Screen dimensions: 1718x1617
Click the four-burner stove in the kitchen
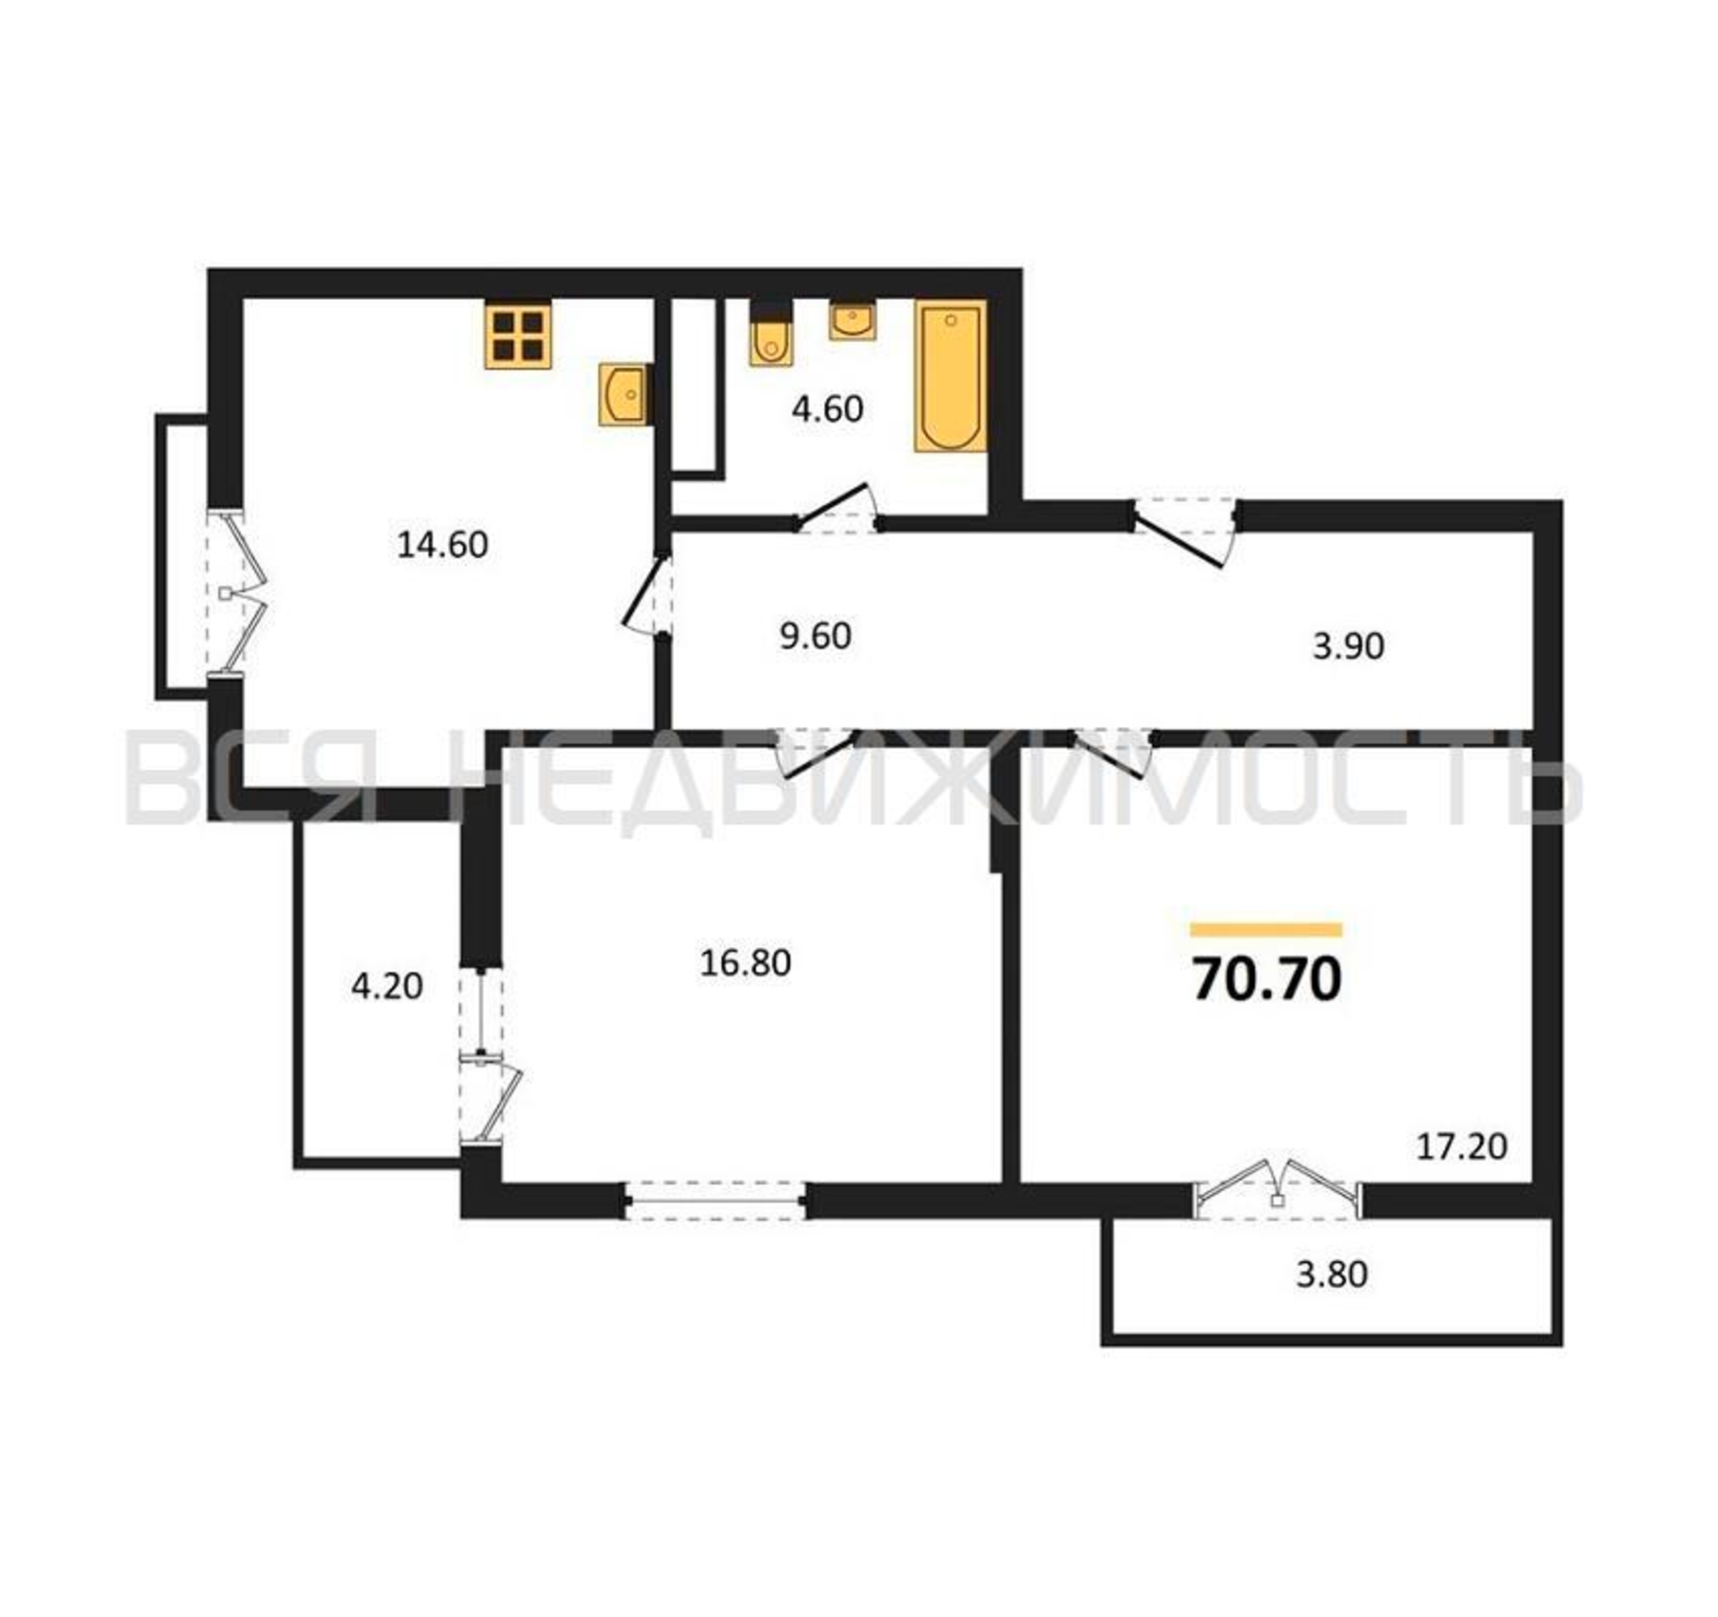pyautogui.click(x=517, y=335)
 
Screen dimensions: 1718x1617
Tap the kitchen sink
pyautogui.click(x=623, y=394)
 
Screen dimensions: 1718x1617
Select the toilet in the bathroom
pyautogui.click(x=770, y=334)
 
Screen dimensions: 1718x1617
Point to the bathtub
pyautogui.click(x=951, y=376)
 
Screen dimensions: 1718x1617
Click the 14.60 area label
pyautogui.click(x=442, y=544)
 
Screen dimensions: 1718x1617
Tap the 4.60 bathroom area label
pyautogui.click(x=827, y=409)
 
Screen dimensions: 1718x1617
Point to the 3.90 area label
pyautogui.click(x=1349, y=646)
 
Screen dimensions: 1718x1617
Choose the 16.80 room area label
pyautogui.click(x=745, y=963)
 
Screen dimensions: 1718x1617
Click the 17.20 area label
pyautogui.click(x=1463, y=1146)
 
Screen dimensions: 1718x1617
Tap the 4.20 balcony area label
pyautogui.click(x=387, y=986)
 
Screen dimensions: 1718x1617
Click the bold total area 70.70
pyautogui.click(x=1267, y=980)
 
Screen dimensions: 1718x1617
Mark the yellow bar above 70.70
pyautogui.click(x=1266, y=930)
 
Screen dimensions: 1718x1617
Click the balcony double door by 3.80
pyautogui.click(x=1277, y=1188)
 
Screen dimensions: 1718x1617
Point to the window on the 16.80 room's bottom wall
pyautogui.click(x=715, y=1201)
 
